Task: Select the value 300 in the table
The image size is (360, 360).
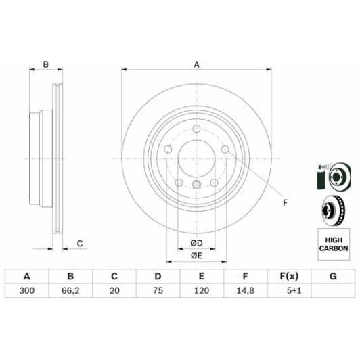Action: [x=27, y=291]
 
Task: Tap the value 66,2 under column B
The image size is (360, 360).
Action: [x=70, y=291]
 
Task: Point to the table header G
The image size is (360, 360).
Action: [x=332, y=276]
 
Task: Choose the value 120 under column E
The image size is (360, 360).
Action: [x=201, y=291]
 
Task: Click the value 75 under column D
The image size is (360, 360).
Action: [x=157, y=291]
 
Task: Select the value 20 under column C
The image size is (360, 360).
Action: [x=114, y=291]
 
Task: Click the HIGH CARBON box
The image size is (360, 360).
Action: [x=334, y=244]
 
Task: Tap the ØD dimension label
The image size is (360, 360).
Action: [x=196, y=242]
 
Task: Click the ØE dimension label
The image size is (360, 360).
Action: [x=196, y=255]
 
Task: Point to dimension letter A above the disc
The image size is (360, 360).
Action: [x=196, y=65]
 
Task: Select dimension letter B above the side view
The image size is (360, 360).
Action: [x=46, y=65]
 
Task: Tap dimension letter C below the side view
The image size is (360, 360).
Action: [x=79, y=243]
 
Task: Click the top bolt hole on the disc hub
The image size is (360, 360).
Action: [x=196, y=130]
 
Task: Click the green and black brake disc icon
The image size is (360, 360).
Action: [x=333, y=176]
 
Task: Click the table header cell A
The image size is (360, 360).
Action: [x=27, y=276]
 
